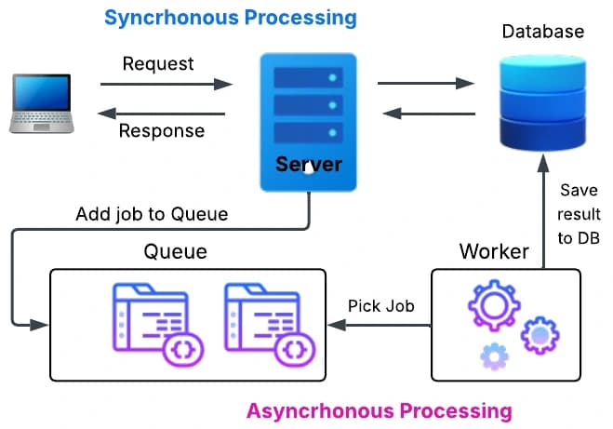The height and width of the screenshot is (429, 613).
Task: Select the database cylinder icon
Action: pyautogui.click(x=542, y=102)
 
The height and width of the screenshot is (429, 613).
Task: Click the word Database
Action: pyautogui.click(x=542, y=32)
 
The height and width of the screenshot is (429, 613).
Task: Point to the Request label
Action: pyautogui.click(x=158, y=63)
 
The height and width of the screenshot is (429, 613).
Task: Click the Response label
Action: pyautogui.click(x=162, y=130)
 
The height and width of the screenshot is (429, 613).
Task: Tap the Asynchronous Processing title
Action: pyautogui.click(x=379, y=409)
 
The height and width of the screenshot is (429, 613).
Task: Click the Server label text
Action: pyautogui.click(x=309, y=166)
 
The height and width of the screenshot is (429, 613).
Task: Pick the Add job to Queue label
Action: pyautogui.click(x=152, y=214)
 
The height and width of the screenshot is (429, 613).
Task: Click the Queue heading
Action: pyautogui.click(x=175, y=251)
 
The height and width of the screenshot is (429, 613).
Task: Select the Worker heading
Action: pyautogui.click(x=494, y=251)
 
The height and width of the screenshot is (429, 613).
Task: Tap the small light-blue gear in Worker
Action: pyautogui.click(x=494, y=355)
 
